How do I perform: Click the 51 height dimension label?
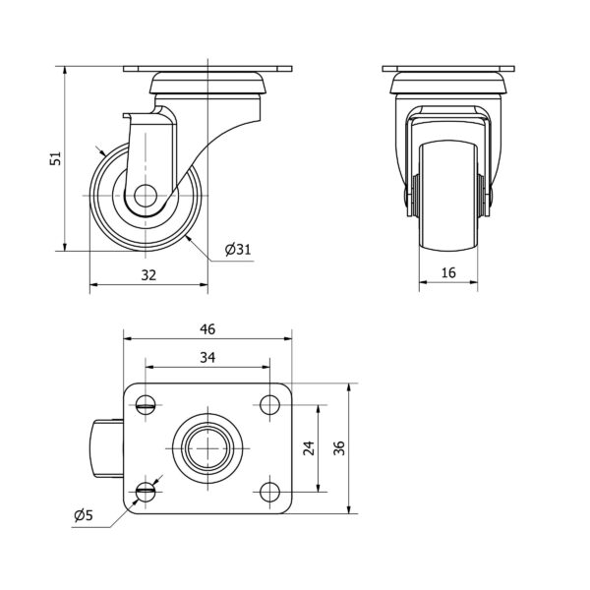56,158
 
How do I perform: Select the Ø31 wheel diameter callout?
238,250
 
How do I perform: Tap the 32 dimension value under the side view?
148,275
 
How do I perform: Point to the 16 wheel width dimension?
448,272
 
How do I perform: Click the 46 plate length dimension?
207,329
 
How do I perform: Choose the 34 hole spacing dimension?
207,357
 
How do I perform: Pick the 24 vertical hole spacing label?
309,448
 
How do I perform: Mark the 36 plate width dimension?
339,448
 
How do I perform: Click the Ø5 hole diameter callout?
84,515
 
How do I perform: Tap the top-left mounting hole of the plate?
146,405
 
